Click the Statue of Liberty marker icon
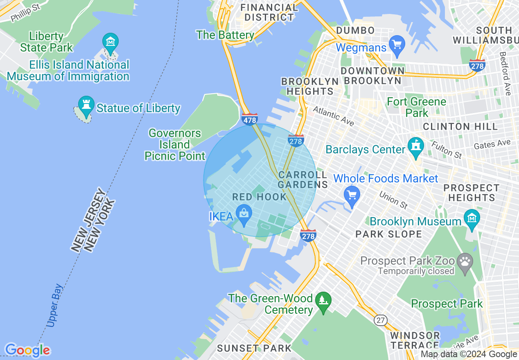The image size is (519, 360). (86, 103)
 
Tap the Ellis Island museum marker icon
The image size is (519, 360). (111, 41)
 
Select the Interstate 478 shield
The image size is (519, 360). (250, 119)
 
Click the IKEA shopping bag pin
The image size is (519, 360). (244, 214)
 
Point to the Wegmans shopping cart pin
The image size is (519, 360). (397, 43)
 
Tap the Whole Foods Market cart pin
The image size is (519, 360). (352, 194)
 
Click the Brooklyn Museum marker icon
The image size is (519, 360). (472, 217)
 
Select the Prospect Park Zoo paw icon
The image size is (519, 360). (465, 260)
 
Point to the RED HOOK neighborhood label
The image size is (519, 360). (259, 197)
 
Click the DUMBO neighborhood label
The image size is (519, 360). (355, 30)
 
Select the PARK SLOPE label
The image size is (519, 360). (388, 234)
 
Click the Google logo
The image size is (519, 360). (27, 350)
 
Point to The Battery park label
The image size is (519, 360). (225, 35)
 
